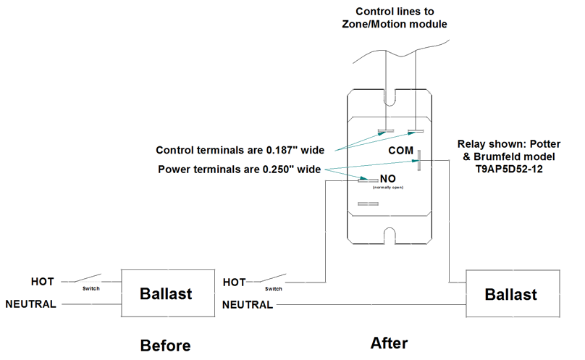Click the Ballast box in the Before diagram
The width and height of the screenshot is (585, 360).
[x=166, y=293]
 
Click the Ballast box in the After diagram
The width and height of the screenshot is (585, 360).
[x=510, y=294]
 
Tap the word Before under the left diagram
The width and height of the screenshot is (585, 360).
[x=166, y=345]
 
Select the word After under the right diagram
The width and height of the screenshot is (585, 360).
[x=389, y=343]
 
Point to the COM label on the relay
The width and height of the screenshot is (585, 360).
[x=400, y=151]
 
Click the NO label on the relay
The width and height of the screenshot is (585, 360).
[x=387, y=178]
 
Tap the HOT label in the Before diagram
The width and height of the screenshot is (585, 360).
[x=42, y=281]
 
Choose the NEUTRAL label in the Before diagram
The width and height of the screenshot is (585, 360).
[x=30, y=304]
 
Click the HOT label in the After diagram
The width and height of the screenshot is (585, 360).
[x=235, y=282]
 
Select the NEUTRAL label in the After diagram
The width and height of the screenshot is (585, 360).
[x=247, y=305]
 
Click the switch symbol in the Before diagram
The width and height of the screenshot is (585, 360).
[x=91, y=280]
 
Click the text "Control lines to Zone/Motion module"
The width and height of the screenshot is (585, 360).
[x=394, y=17]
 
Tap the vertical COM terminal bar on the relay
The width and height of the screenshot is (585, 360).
[x=418, y=160]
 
